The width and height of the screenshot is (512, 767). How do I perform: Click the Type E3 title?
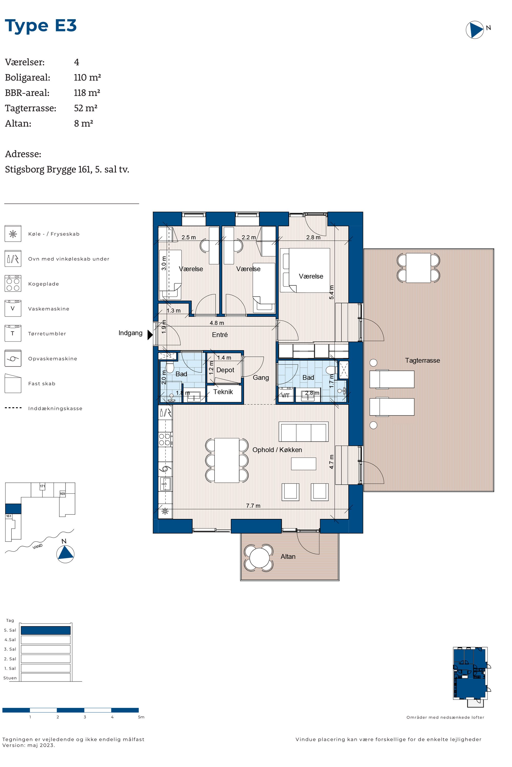[41, 26]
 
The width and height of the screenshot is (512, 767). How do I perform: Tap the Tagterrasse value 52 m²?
[86, 108]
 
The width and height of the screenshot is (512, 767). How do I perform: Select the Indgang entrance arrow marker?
[150, 335]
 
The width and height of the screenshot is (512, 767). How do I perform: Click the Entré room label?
[220, 335]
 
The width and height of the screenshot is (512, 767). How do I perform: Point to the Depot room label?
[225, 370]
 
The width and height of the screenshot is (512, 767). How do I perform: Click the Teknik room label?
[223, 392]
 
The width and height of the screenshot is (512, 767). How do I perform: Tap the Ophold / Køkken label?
[277, 450]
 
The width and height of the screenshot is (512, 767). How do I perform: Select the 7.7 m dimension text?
[253, 505]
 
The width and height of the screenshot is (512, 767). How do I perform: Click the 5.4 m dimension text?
[332, 292]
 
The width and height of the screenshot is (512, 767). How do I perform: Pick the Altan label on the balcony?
[288, 556]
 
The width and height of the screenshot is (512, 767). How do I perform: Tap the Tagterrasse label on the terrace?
[422, 360]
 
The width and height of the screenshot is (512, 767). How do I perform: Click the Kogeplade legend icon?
[13, 283]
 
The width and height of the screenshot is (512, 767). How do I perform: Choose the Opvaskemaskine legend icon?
[13, 358]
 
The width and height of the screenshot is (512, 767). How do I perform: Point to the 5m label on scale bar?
[141, 717]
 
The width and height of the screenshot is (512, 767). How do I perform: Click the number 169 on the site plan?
[62, 493]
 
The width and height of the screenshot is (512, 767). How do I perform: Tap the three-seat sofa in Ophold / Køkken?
[303, 432]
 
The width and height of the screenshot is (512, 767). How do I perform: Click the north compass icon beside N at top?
[474, 30]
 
